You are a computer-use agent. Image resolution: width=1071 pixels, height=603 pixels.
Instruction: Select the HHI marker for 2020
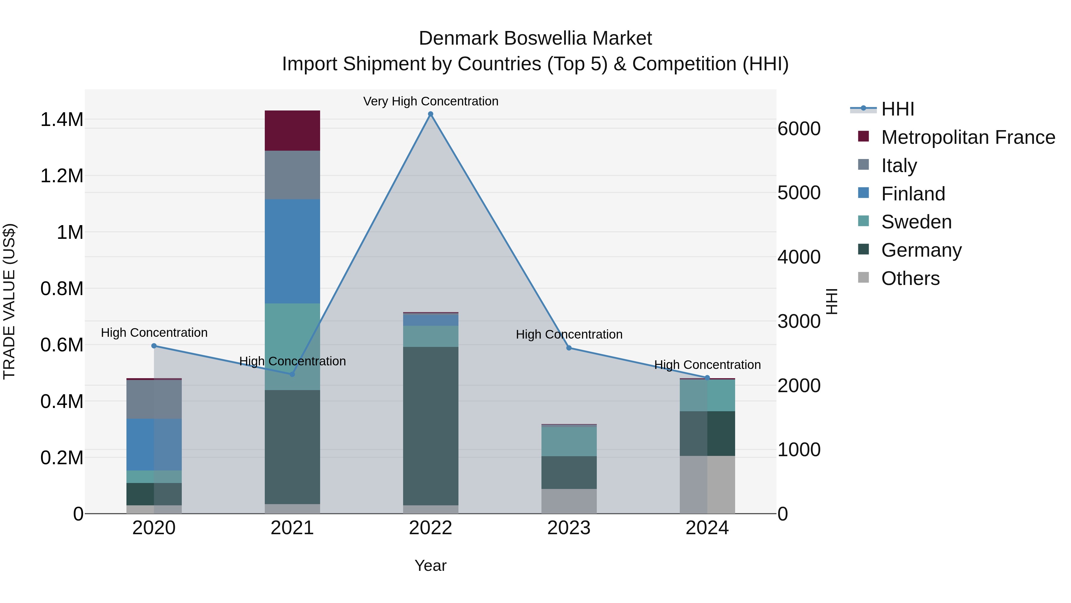tap(154, 346)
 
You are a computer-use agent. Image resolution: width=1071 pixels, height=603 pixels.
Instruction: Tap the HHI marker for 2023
tap(569, 348)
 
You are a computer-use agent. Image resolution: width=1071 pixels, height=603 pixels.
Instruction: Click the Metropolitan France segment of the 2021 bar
tap(292, 131)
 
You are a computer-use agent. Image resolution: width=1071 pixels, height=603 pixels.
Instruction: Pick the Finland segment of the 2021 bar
tap(292, 251)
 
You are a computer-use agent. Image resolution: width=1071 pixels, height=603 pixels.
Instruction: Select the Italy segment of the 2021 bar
tap(292, 175)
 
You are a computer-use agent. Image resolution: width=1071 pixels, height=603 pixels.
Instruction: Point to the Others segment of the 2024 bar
tap(707, 485)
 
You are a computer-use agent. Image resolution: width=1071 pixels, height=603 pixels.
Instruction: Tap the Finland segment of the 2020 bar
tap(154, 445)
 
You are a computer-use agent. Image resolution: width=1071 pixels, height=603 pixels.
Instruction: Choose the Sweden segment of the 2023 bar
tap(569, 441)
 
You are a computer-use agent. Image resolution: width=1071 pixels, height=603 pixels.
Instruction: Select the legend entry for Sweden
tap(916, 222)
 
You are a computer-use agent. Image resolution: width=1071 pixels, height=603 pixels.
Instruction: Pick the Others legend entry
tap(910, 278)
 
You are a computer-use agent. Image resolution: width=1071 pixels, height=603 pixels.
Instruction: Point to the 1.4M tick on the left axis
tap(62, 119)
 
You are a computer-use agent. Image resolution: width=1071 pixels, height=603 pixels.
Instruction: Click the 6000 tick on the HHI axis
tap(799, 129)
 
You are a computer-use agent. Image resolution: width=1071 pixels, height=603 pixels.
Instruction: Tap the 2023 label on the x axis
tap(569, 528)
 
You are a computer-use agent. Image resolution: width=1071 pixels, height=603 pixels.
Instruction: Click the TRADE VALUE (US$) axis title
tap(9, 301)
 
